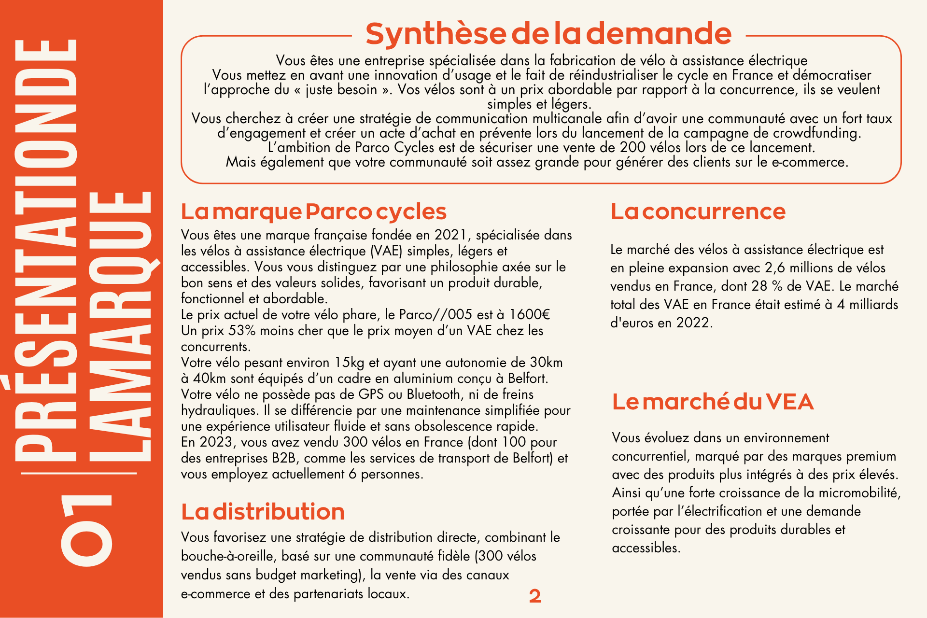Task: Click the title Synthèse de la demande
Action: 548,34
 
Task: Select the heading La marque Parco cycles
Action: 314,211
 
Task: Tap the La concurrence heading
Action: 698,211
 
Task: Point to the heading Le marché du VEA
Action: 713,402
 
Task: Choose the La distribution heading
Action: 263,512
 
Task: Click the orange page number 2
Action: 535,596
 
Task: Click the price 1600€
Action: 530,315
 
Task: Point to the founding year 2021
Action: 450,235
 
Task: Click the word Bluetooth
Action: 433,394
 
